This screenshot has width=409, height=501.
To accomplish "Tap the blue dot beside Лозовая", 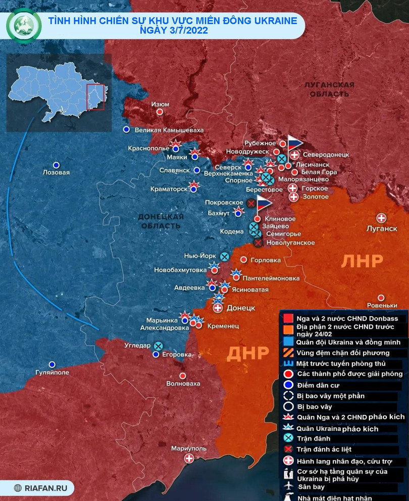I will tap(57, 165).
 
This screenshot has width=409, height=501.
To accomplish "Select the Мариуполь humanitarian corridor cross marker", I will tap(189, 458).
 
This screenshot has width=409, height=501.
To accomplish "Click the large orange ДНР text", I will tap(248, 354).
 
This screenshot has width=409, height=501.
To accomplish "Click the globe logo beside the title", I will tap(23, 26).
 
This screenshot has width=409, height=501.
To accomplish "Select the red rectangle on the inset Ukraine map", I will tap(95, 97).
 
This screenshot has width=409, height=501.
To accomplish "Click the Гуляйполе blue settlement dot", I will tap(52, 364).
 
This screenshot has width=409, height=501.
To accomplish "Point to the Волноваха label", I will tap(183, 384).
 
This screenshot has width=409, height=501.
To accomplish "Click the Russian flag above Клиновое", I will tap(263, 204).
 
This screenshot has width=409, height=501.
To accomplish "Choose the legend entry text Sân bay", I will tap(311, 487).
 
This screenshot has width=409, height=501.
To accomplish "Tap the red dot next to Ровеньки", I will tap(382, 297).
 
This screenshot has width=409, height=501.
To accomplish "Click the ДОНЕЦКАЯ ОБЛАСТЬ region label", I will tap(160, 221).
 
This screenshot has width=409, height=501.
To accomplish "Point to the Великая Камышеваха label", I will tap(169, 130).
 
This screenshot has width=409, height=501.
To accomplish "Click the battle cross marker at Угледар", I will tap(159, 346).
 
